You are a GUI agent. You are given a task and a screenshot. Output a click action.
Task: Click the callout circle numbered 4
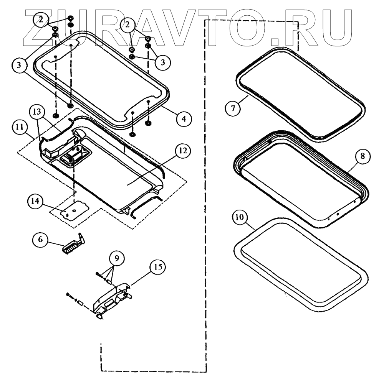point(184,119)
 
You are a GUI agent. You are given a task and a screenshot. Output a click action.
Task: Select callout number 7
point(233,107)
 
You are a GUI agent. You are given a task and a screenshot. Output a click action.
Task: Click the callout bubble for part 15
point(156,266)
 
